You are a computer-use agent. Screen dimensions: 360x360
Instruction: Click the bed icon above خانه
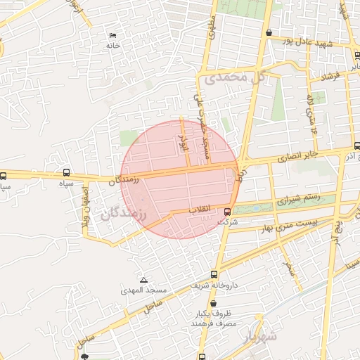112,36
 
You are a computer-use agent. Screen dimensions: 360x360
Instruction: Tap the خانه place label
112,46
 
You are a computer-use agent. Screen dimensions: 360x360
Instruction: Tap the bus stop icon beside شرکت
227,212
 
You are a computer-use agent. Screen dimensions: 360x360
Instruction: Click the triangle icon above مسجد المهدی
143,280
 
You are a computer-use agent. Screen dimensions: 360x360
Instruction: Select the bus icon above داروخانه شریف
214,275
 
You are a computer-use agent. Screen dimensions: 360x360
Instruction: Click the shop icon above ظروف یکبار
214,304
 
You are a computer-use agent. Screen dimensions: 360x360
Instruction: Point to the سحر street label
288,266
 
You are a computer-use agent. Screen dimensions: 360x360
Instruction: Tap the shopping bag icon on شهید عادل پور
269,32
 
